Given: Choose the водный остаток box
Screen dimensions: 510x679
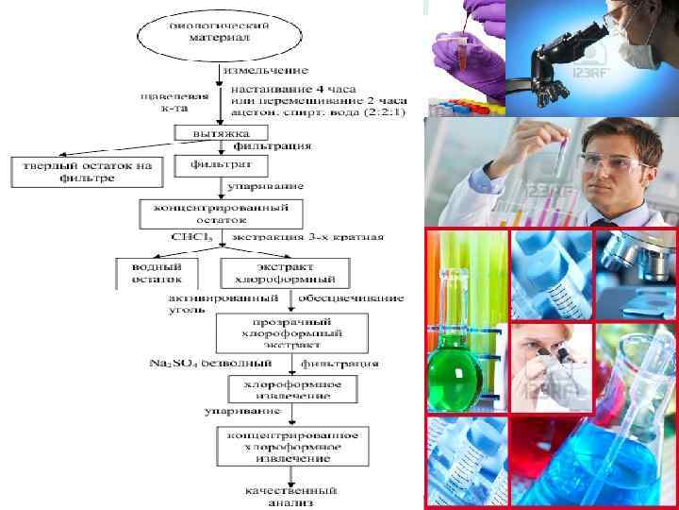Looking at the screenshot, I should pos(156,272).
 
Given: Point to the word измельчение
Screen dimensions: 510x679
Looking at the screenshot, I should pos(265,70).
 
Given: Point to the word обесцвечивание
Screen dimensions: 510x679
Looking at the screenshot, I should pos(351,297).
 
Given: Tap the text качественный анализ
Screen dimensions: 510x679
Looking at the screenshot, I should pos(288,497).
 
